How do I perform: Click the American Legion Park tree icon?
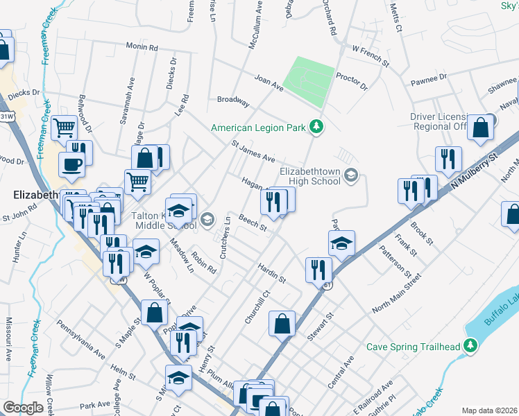point(316,126)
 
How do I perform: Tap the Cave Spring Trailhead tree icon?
point(471,345)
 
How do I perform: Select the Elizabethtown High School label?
point(310,176)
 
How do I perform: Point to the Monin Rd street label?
point(142,47)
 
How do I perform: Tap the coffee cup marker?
point(73,164)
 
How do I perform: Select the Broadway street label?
point(233,101)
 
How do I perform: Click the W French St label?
point(371,51)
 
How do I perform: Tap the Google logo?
point(23,408)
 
